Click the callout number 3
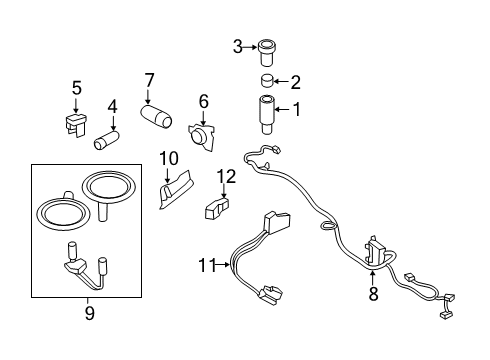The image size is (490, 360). tap(238, 45)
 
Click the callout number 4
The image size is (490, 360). tap(113, 105)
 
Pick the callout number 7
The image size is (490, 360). tap(149, 79)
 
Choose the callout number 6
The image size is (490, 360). tap(203, 100)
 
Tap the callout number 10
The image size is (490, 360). tap(167, 158)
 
